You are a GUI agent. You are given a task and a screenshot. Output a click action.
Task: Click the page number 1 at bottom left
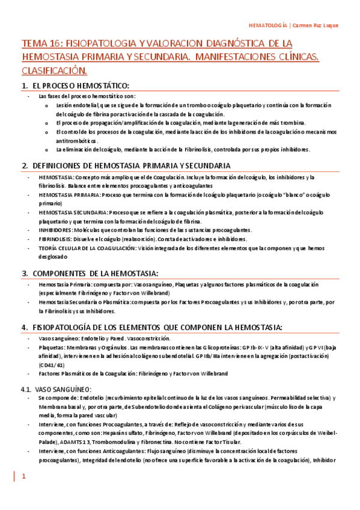click(24, 477)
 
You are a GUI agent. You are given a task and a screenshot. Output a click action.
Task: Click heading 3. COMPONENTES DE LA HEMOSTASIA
click(90, 272)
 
